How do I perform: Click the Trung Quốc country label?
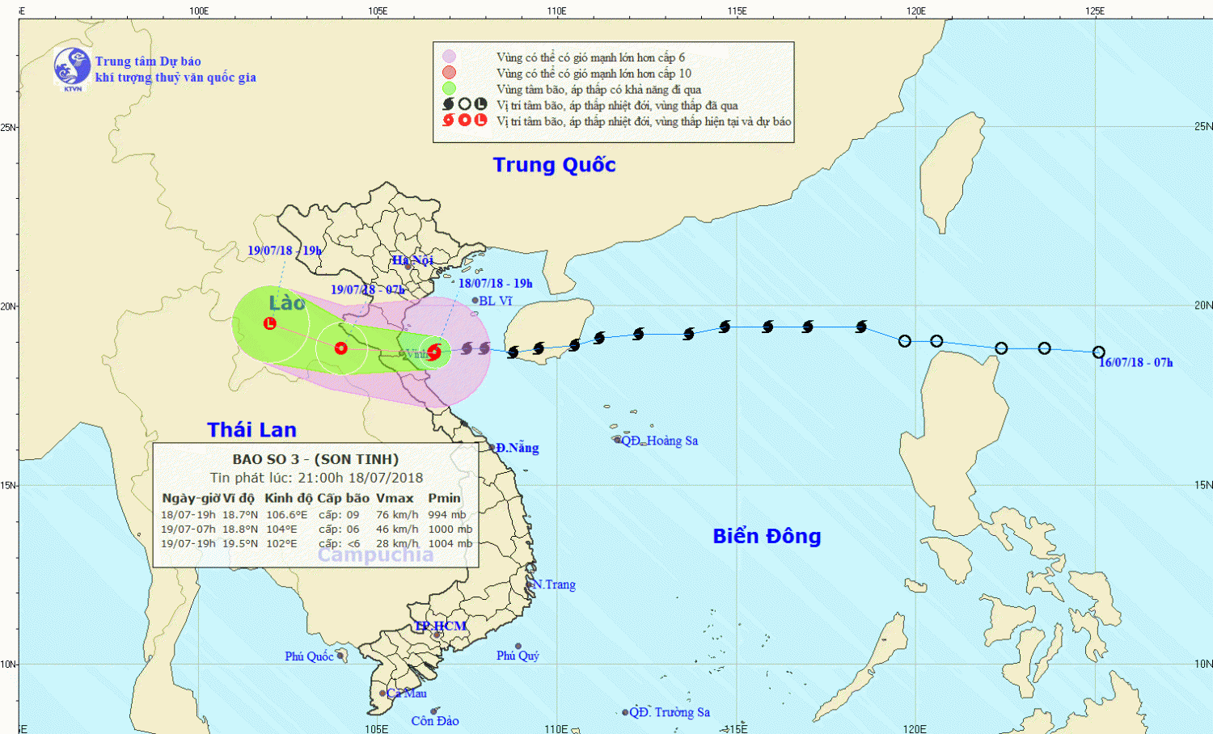(554, 165)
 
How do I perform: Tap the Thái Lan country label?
(251, 430)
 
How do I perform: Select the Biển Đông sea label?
(767, 536)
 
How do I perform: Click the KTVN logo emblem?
(72, 67)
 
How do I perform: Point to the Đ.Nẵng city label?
(517, 448)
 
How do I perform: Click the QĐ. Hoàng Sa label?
(659, 441)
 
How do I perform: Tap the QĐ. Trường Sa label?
(669, 712)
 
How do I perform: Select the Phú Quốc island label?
(309, 656)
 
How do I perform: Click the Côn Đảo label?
(434, 721)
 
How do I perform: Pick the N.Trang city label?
(554, 584)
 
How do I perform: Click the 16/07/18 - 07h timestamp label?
(1135, 363)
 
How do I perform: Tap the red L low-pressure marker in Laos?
(270, 323)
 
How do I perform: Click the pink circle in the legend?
(449, 57)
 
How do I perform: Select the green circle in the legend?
(449, 89)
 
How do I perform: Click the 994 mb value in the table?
(447, 515)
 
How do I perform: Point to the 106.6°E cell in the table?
(286, 515)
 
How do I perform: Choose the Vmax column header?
(395, 498)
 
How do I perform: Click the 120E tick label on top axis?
(915, 11)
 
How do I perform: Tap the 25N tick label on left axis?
(8, 128)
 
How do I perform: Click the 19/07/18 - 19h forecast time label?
(285, 251)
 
